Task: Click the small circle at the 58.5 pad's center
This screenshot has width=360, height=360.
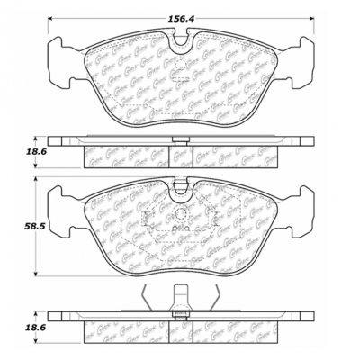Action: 180,217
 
